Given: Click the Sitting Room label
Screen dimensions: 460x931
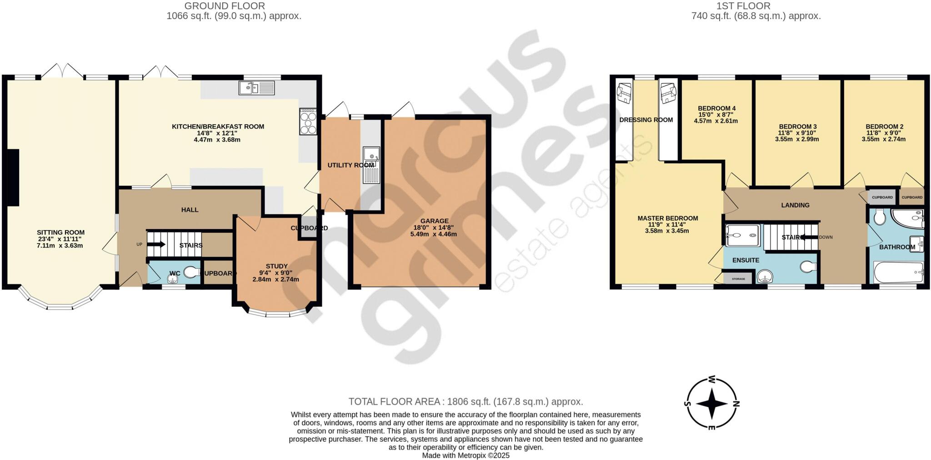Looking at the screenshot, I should pyautogui.click(x=60, y=232).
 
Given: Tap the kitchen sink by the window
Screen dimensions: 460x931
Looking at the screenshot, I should pyautogui.click(x=257, y=87).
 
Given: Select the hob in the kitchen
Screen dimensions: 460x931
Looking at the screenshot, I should pyautogui.click(x=308, y=121).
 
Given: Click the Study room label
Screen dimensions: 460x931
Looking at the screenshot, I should pyautogui.click(x=276, y=266).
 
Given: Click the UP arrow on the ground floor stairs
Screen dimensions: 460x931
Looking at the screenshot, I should pyautogui.click(x=157, y=245).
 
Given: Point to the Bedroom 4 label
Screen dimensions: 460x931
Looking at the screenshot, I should pyautogui.click(x=716, y=108).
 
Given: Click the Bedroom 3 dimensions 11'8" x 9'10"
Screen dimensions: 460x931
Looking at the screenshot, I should pyautogui.click(x=796, y=133).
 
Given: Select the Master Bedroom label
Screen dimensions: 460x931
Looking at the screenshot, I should pyautogui.click(x=667, y=218).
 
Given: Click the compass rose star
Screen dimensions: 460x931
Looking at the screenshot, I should pyautogui.click(x=711, y=403).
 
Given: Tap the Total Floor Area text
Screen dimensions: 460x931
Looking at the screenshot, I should pyautogui.click(x=465, y=401).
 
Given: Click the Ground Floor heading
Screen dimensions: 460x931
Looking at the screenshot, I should pyautogui.click(x=225, y=6).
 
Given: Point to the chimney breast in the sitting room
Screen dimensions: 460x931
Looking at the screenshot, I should pyautogui.click(x=13, y=178).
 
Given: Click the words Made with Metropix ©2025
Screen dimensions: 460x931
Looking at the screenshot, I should pyautogui.click(x=465, y=455).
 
